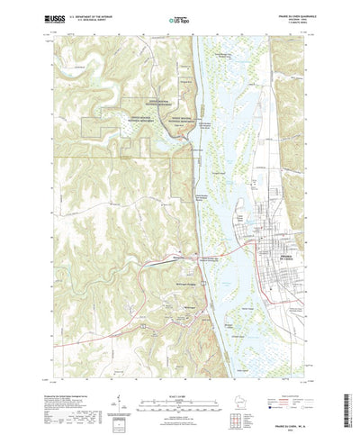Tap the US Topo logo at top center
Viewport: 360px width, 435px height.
(x=180, y=17)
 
